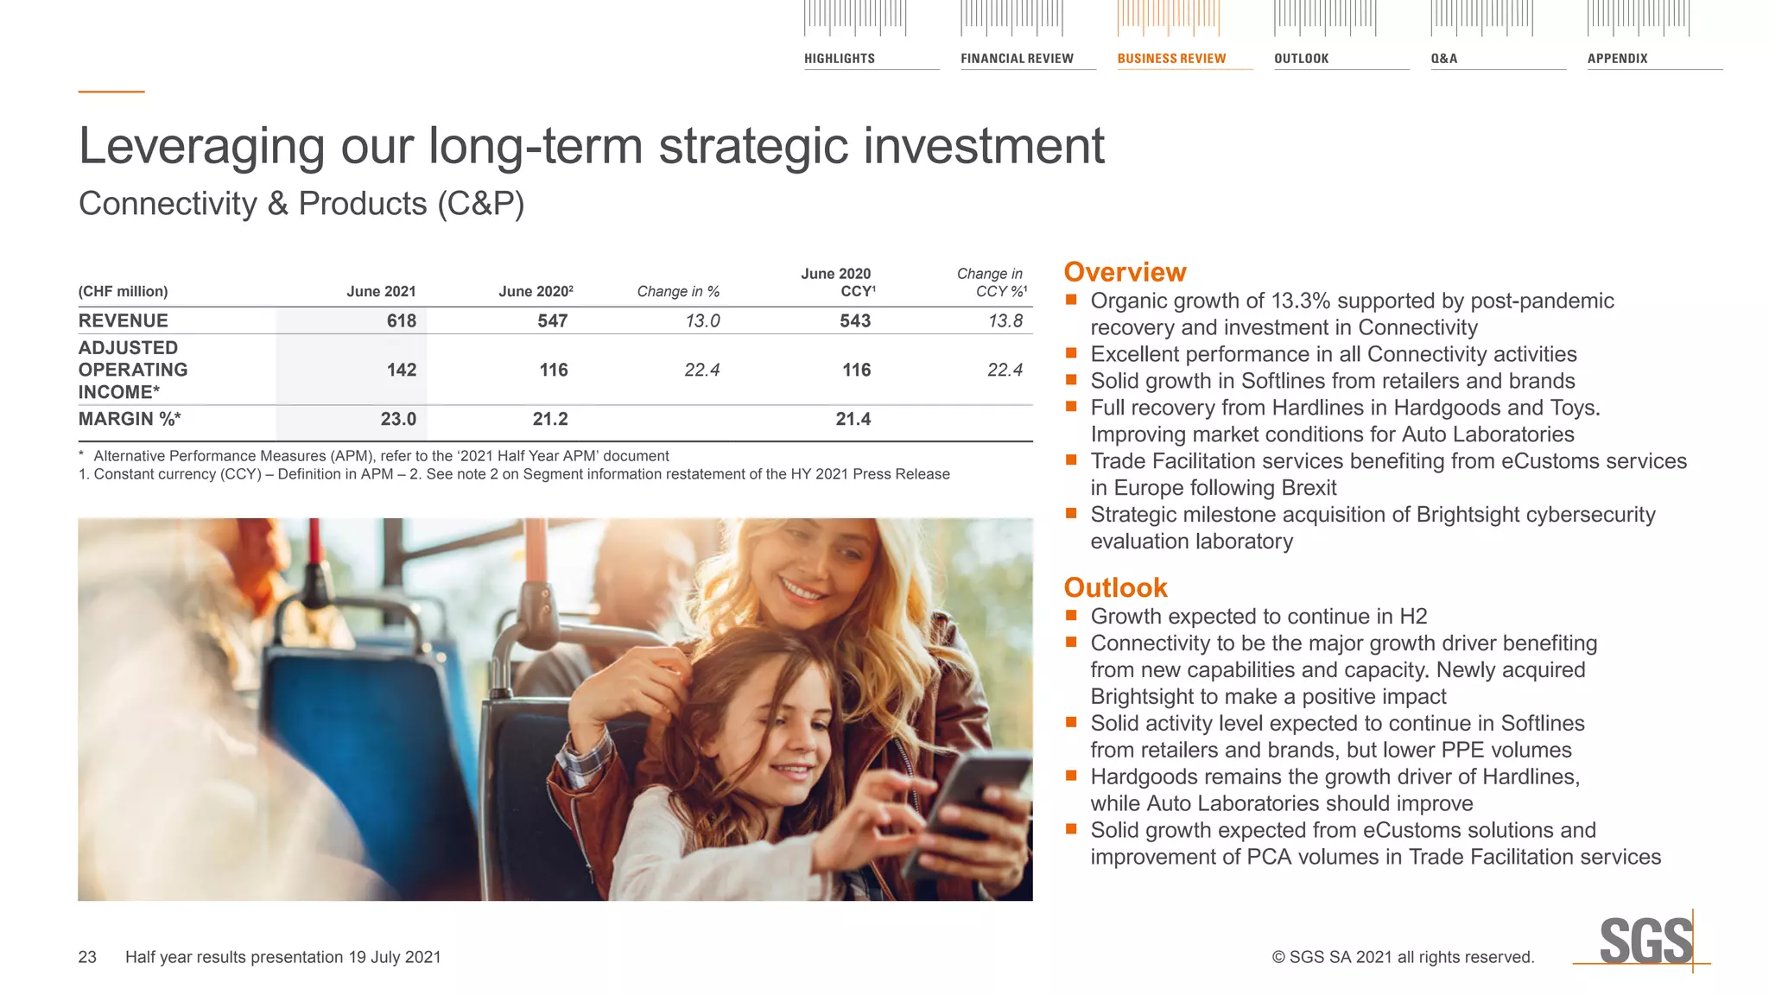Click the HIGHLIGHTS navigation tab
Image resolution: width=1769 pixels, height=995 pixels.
click(x=839, y=59)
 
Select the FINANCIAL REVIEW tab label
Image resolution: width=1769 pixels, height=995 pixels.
click(x=1017, y=59)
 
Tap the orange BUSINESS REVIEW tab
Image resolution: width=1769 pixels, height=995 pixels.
click(x=1171, y=59)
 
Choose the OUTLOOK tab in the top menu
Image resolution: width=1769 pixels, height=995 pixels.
click(x=1301, y=59)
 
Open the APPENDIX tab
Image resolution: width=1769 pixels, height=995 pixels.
click(x=1617, y=59)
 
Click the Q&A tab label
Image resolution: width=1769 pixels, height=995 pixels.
click(x=1443, y=59)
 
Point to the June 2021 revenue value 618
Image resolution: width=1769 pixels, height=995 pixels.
click(x=401, y=321)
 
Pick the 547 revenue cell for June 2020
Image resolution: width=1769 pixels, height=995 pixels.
click(x=552, y=321)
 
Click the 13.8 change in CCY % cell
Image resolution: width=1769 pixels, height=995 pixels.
click(x=1005, y=321)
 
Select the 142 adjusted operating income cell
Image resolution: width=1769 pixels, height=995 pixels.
click(x=401, y=371)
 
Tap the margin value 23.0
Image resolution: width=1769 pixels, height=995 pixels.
click(x=398, y=420)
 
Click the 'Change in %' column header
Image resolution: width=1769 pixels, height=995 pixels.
click(x=678, y=292)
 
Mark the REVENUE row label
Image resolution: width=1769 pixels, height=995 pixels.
click(x=124, y=321)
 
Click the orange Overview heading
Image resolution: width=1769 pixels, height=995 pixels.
click(x=1125, y=272)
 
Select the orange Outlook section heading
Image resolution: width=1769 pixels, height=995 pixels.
click(x=1115, y=588)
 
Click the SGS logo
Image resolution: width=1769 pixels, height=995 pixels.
click(x=1645, y=941)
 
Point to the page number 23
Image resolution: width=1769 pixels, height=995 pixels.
click(x=87, y=957)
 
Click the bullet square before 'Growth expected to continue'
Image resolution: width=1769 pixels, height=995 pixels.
click(x=1071, y=616)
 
